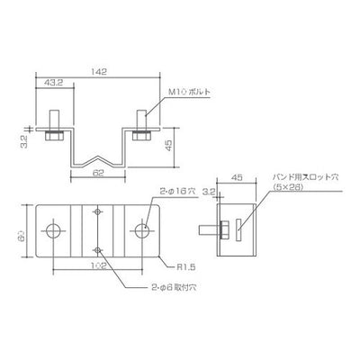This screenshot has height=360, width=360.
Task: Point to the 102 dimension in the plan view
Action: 98,266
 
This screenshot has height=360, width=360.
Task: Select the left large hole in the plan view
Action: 55,231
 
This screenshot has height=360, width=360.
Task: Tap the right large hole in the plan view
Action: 143,231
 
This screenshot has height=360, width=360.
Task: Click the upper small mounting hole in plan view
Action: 99,214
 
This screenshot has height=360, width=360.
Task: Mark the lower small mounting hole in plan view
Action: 99,248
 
